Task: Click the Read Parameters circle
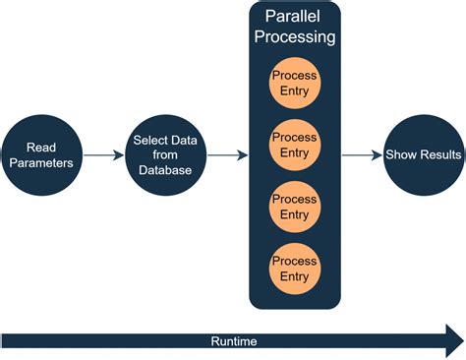[x=41, y=155]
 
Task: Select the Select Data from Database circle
[x=165, y=155]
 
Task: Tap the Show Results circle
[x=424, y=155]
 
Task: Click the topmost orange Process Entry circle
[x=295, y=83]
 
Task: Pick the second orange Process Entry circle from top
[x=295, y=145]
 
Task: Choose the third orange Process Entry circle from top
[x=295, y=207]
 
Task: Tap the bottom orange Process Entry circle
[x=295, y=269]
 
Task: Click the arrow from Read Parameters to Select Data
[x=103, y=155]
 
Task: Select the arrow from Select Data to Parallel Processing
[x=227, y=155]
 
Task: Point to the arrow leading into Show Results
[x=362, y=155]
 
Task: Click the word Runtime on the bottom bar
[x=234, y=341]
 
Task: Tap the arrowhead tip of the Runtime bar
[x=464, y=341]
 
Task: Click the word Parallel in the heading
[x=292, y=16]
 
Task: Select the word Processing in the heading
[x=295, y=36]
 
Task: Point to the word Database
[x=165, y=170]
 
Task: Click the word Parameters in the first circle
[x=41, y=163]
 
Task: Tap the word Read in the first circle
[x=41, y=148]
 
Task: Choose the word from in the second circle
[x=165, y=154]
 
